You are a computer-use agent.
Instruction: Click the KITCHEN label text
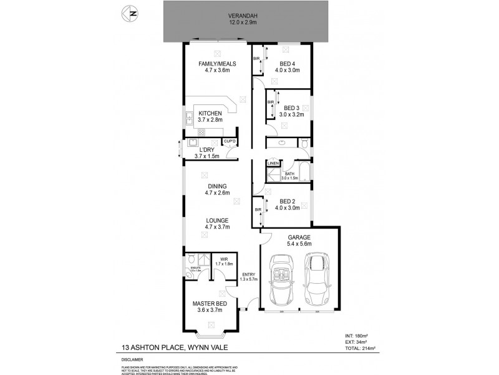point(210,113)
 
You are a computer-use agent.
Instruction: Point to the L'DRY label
point(206,150)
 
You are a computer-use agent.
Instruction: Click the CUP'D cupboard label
point(230,141)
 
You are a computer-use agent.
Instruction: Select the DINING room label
point(218,186)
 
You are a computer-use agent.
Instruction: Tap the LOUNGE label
point(218,221)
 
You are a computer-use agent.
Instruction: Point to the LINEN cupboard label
point(273,163)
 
